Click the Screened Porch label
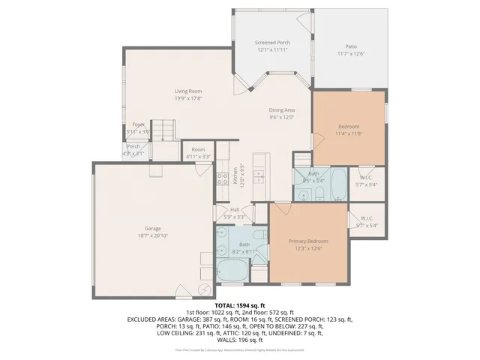(272, 43)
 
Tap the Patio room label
(351, 45)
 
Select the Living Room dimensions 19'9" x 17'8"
(189, 97)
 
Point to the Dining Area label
(282, 110)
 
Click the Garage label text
(153, 228)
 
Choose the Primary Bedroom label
(308, 241)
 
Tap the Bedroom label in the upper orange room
(349, 127)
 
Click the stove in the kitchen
(223, 178)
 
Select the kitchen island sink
(259, 178)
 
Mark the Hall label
(234, 210)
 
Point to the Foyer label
(138, 124)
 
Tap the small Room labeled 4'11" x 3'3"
(198, 149)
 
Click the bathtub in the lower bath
(232, 271)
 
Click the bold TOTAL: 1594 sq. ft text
(239, 306)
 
